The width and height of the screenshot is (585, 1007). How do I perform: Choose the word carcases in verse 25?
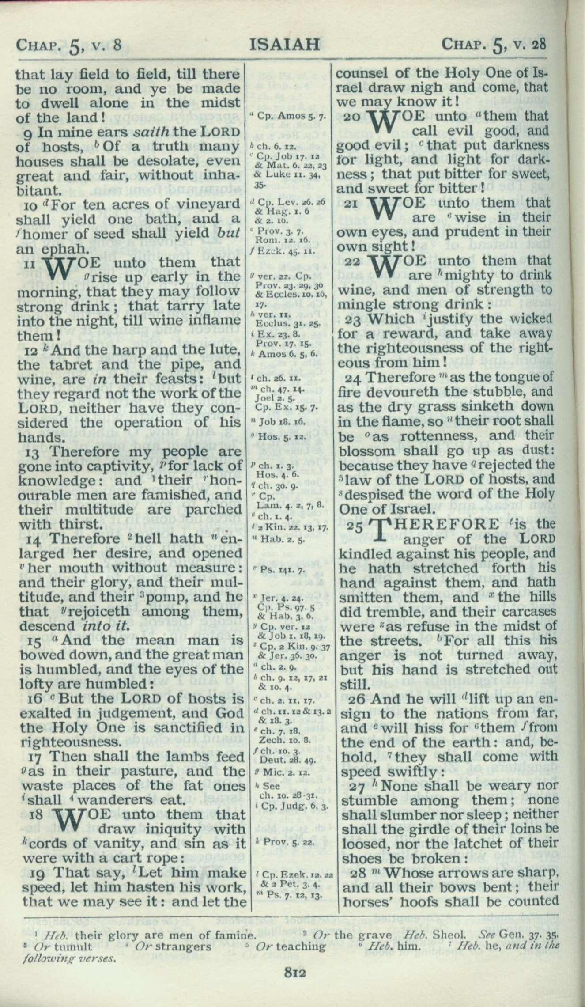coord(525,612)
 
